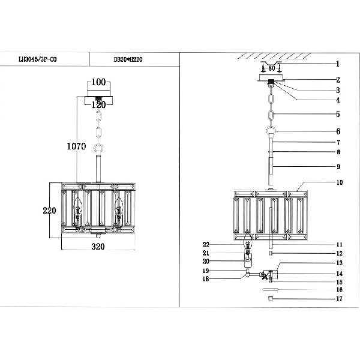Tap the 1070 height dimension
[x=76, y=146]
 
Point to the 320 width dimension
[x=98, y=247]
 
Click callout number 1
[x=338, y=63]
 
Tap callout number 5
[x=338, y=114]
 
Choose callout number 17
[x=338, y=299]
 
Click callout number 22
[x=206, y=245]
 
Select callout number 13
[x=338, y=263]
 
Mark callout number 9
[x=338, y=167]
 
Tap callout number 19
[x=206, y=271]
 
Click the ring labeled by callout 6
[x=271, y=132]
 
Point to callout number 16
[x=338, y=289]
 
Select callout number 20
[x=206, y=262]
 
